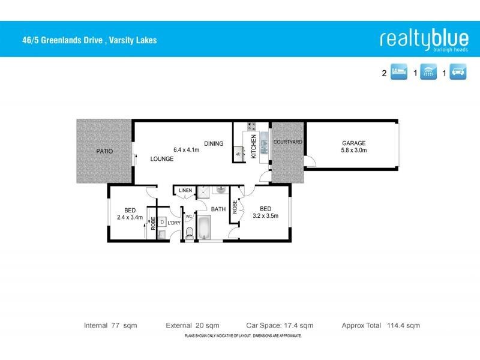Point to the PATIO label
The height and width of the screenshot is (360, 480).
[x=104, y=152]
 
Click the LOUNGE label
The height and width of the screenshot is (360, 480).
[x=162, y=159]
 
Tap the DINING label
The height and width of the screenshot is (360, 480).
[x=214, y=143]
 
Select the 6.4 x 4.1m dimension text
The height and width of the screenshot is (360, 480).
[x=186, y=149]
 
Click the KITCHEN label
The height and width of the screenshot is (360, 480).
[x=254, y=146]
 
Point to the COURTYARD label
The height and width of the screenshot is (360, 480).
[x=287, y=142]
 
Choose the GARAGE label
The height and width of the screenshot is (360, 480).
[x=353, y=143]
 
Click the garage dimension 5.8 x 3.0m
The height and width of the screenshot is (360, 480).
[x=353, y=150]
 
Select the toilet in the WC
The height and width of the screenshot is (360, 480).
[x=190, y=233]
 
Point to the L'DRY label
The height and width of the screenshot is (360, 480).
[x=174, y=223]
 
